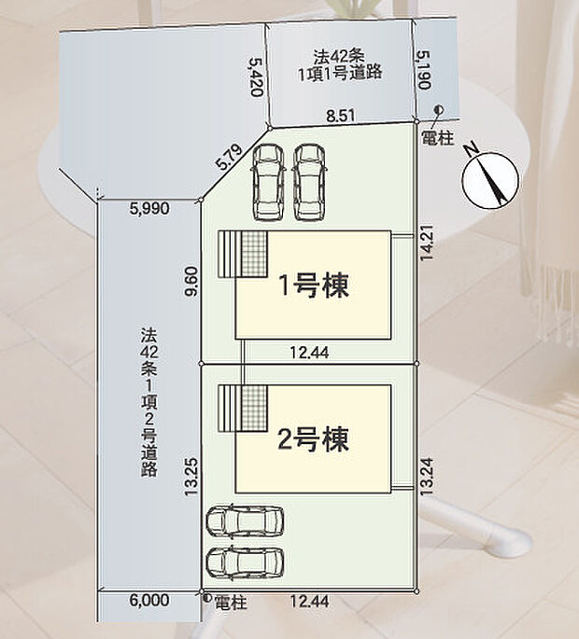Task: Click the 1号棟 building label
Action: coord(314,285)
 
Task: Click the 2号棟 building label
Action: coord(313,439)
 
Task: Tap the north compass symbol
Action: coord(490,179)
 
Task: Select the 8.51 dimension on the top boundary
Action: coord(341,117)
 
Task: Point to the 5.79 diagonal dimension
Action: coord(230,158)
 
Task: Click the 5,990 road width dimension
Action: coord(148,209)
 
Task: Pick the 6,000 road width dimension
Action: coord(149,600)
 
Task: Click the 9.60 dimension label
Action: coord(191,281)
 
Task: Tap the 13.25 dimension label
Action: coord(191,478)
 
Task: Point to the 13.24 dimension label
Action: coord(425,477)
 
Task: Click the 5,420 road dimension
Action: coord(257,76)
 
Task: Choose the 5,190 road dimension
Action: coord(425,69)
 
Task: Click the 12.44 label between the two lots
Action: coord(309,352)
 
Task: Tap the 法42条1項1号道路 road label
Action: coord(340,65)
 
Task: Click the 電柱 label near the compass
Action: coord(437,139)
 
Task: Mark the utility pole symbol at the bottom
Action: coord(207,598)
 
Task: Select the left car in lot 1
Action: coord(268,182)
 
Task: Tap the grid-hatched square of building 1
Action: coord(255,255)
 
